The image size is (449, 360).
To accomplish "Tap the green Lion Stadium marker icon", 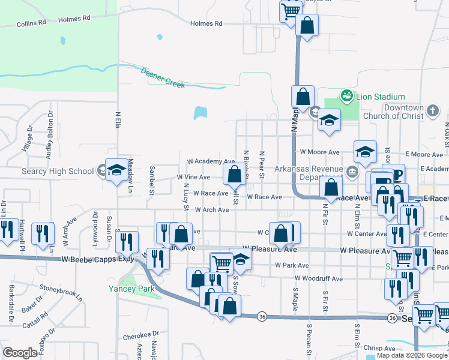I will (x=346, y=95).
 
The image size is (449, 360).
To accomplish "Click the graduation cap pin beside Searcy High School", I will (x=116, y=170).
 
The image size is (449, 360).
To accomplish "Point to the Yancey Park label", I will (x=131, y=289).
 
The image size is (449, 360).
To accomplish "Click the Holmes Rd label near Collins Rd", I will (x=74, y=19).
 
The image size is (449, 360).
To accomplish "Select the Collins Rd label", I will (x=31, y=23).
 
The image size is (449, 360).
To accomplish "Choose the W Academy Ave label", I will (x=210, y=161).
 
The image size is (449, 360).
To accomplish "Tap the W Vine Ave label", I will (x=193, y=178).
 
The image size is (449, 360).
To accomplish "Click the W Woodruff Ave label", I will (x=318, y=278).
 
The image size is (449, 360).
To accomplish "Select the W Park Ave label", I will (x=292, y=265).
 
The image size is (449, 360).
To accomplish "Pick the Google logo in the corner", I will (x=20, y=353).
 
